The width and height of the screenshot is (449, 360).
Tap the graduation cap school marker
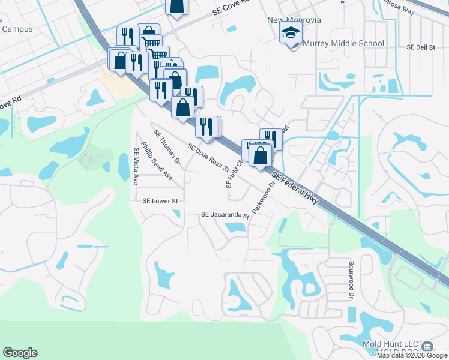(x=291, y=34)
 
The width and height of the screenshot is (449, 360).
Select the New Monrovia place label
(x=294, y=20)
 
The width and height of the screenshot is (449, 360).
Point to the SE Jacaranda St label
(x=224, y=214)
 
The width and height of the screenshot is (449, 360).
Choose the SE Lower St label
(x=160, y=202)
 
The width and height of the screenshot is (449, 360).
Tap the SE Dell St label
(x=420, y=46)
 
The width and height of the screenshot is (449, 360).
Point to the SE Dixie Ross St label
(x=209, y=157)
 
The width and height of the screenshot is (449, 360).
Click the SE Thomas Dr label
(x=167, y=147)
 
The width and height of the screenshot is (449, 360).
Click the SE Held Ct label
(x=234, y=173)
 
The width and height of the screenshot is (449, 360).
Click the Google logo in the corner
(x=20, y=353)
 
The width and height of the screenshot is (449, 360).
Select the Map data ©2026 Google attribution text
(x=412, y=356)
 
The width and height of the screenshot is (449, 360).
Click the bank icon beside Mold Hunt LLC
(x=427, y=346)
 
